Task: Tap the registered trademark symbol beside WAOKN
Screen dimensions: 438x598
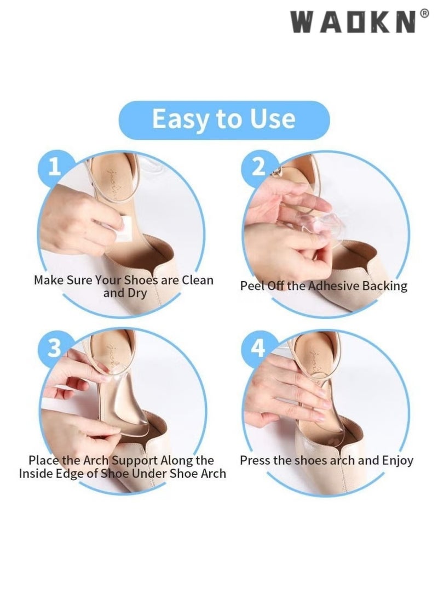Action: coord(425,14)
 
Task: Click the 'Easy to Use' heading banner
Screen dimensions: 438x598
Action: coord(224,119)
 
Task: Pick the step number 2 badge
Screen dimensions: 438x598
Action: coord(258,167)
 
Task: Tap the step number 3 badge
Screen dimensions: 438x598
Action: coord(54,348)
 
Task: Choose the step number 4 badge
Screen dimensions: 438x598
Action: coord(258,348)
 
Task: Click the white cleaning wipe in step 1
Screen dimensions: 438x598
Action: coord(124,229)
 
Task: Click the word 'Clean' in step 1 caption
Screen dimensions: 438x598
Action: coord(197,280)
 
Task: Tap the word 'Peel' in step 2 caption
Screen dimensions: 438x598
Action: coord(251,286)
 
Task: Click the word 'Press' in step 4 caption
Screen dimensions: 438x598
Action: coord(255,460)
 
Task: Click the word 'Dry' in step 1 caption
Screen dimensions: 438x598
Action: coord(137,293)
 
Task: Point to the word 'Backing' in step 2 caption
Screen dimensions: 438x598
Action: coord(385,286)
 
